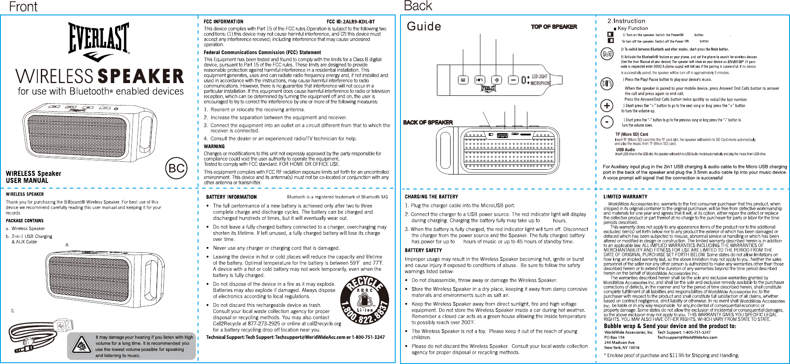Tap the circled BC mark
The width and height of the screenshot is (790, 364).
(177, 168)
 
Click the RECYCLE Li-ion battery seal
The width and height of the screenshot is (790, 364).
(364, 300)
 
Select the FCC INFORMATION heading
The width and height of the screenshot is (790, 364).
(223, 22)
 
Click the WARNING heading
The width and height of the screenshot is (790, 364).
(214, 146)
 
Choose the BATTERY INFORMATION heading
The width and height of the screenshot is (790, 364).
(231, 197)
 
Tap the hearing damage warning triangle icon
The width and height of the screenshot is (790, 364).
(81, 346)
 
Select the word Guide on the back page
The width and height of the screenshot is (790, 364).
(424, 26)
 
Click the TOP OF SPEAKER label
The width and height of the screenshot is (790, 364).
(554, 27)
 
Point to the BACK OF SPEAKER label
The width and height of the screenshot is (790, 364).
(428, 122)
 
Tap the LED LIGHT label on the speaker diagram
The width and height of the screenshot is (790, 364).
(539, 76)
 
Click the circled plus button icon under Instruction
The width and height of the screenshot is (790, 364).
(606, 106)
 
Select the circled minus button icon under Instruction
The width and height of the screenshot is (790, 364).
(606, 122)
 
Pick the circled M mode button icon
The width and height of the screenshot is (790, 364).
(607, 54)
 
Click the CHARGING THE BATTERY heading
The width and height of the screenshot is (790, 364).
(431, 197)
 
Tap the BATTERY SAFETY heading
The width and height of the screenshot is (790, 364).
(423, 250)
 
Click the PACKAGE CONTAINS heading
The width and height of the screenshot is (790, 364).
(25, 221)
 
